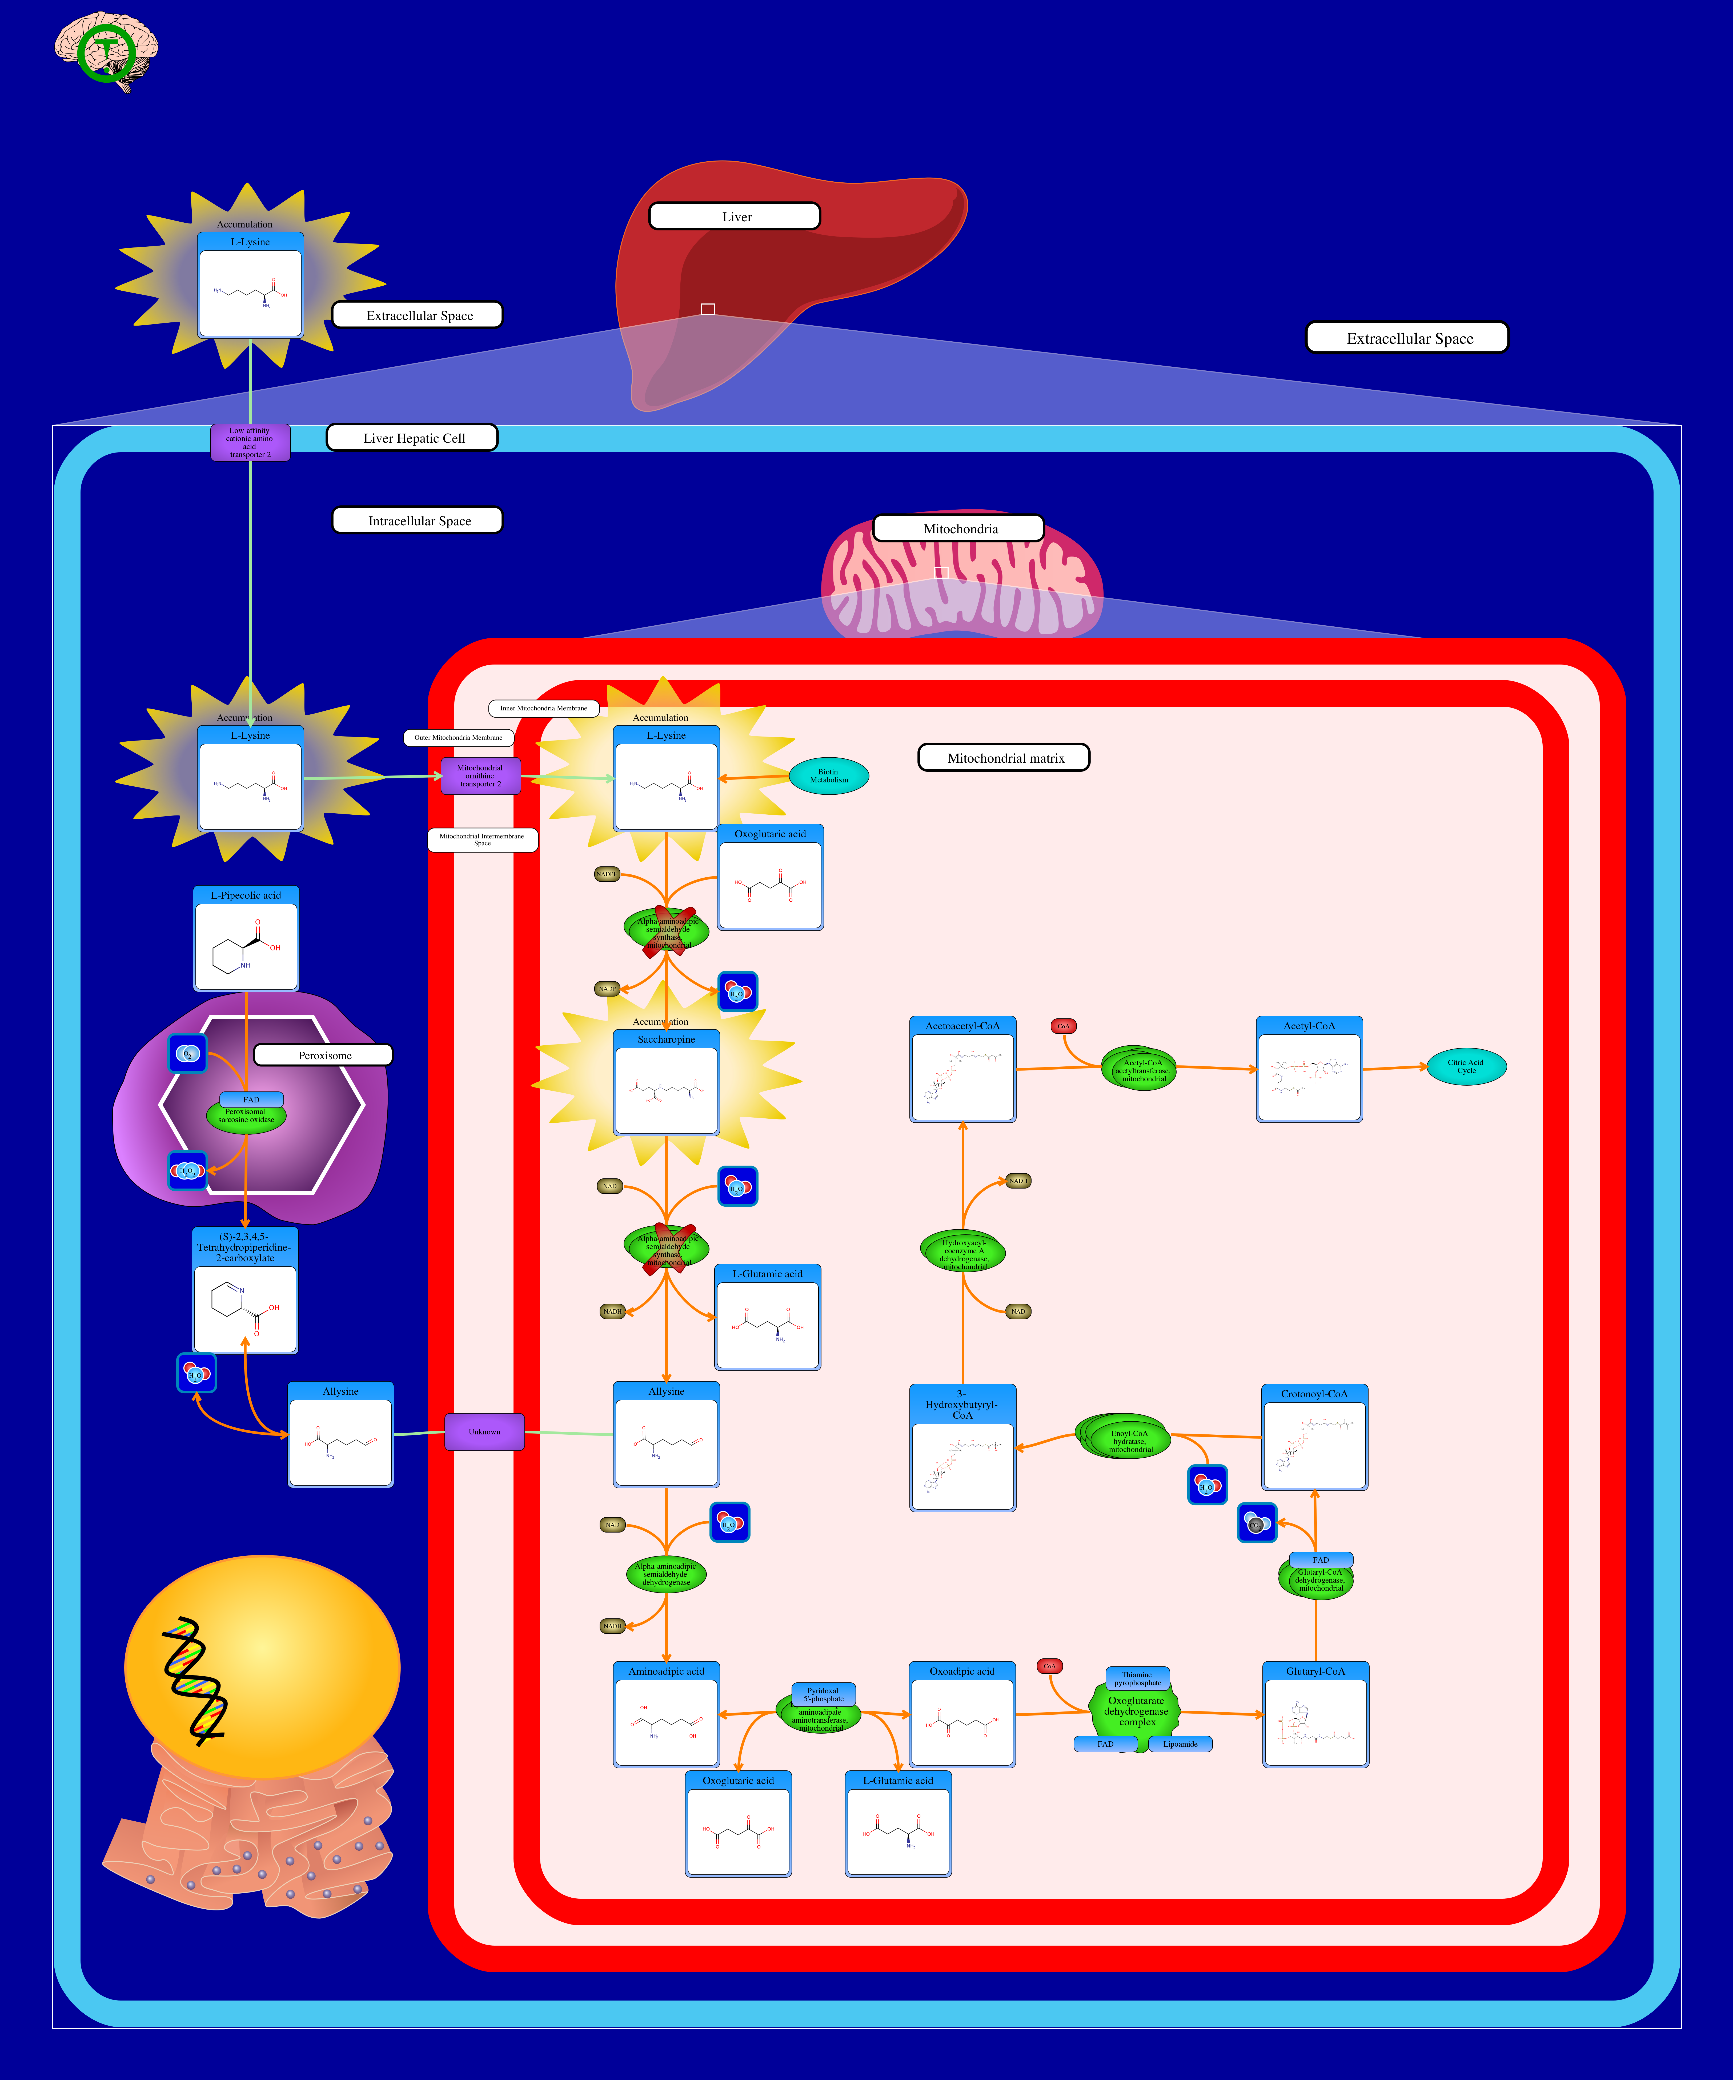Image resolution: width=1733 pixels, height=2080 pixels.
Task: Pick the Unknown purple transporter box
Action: [x=484, y=1431]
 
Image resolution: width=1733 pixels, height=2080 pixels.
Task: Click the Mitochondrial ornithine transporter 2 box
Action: [x=480, y=775]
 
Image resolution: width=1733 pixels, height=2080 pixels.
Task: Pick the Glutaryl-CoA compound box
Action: [x=1315, y=1714]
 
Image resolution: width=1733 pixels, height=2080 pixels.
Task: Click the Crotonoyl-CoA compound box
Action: [x=1314, y=1436]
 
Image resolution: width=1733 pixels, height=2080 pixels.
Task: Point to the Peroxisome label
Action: [x=324, y=1055]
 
